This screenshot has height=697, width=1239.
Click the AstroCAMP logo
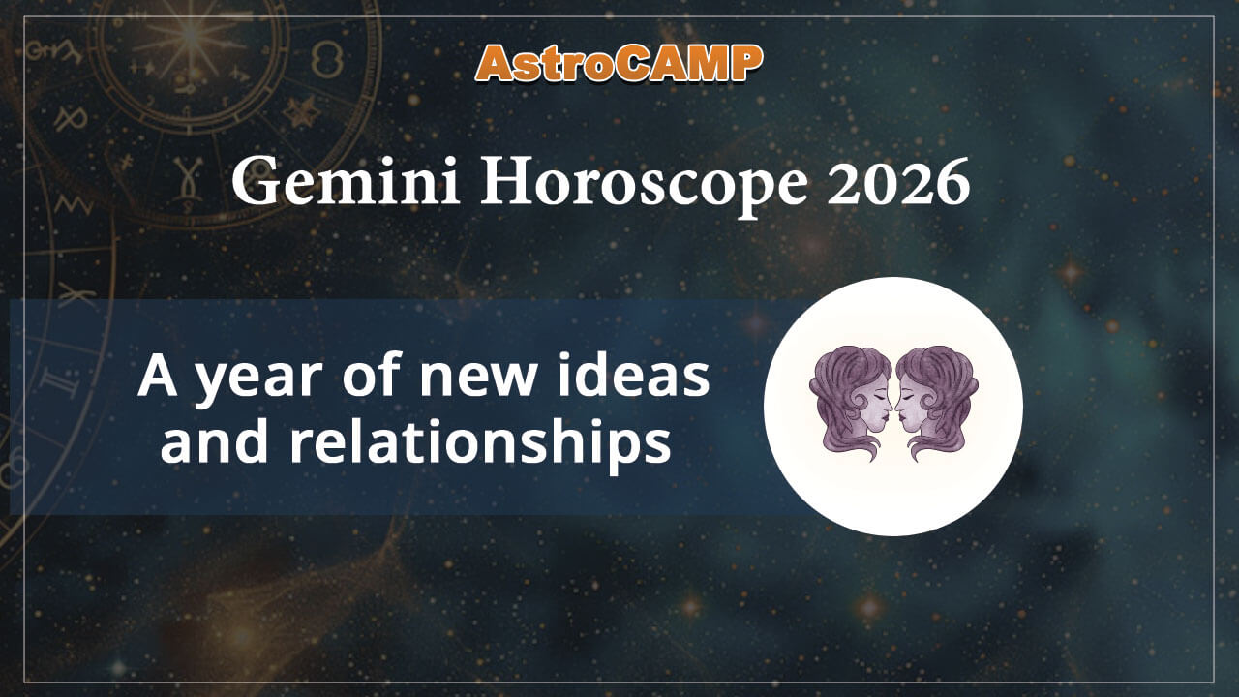point(619,63)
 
